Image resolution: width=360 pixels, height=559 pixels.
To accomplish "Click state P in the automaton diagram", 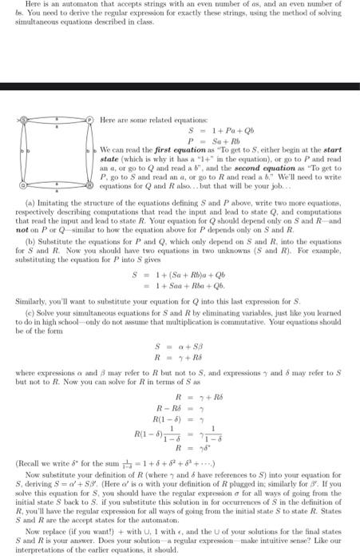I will [x=89, y=119].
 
